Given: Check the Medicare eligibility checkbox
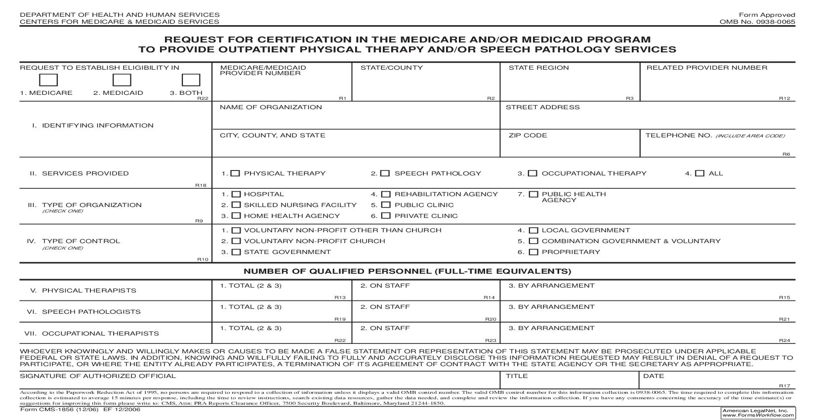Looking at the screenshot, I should (48, 80).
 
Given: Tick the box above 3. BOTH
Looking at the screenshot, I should (191, 80).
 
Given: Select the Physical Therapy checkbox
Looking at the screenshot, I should (236, 173).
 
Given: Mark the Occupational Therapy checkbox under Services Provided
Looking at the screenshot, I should (532, 173).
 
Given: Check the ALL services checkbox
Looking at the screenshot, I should (699, 173).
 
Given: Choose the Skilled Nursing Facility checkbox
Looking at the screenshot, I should (236, 205).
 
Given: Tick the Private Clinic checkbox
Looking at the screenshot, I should (386, 216).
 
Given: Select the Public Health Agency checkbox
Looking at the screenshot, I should (533, 194).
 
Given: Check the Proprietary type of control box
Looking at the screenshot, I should (533, 252).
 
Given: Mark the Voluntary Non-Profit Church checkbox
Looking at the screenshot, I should (236, 241).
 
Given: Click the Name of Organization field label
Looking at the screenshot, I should (271, 107).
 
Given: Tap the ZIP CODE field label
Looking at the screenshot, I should (528, 135).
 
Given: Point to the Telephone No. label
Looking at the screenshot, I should (679, 135).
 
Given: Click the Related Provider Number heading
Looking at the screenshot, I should (707, 68).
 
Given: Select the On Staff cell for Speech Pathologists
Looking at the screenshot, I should (426, 312).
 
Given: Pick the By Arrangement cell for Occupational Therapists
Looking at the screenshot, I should (647, 333).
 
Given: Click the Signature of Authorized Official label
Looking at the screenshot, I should (98, 376).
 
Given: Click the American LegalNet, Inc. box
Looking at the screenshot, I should (758, 413).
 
